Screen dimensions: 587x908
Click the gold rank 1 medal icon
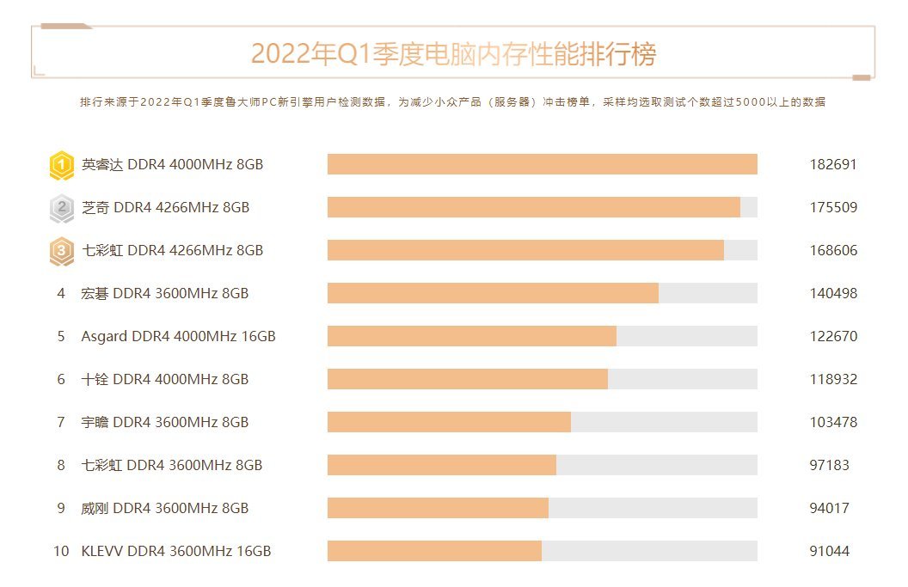(61, 165)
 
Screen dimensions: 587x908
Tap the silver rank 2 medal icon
(61, 208)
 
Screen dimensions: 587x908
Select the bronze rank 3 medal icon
(61, 251)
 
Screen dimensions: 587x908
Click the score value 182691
(832, 165)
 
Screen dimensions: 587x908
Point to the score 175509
(832, 208)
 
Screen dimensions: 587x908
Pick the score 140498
(832, 294)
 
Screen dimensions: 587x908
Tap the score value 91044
(829, 552)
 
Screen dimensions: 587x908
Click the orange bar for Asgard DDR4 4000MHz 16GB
(471, 336)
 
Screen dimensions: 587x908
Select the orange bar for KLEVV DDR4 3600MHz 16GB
(434, 551)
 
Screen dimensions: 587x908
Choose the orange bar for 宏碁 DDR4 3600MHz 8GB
(493, 293)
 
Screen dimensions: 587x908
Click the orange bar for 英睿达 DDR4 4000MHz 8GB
(542, 164)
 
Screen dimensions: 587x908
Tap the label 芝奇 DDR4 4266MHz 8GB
(165, 208)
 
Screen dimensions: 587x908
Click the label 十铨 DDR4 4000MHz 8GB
(165, 380)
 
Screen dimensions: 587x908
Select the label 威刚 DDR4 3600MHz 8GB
(165, 509)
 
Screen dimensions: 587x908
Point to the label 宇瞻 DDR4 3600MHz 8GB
(165, 423)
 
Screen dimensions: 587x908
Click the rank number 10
(61, 552)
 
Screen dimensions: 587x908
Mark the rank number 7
(61, 423)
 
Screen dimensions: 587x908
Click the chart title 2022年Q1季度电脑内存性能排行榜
(453, 54)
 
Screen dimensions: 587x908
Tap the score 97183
(829, 466)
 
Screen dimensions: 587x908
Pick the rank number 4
(61, 294)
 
